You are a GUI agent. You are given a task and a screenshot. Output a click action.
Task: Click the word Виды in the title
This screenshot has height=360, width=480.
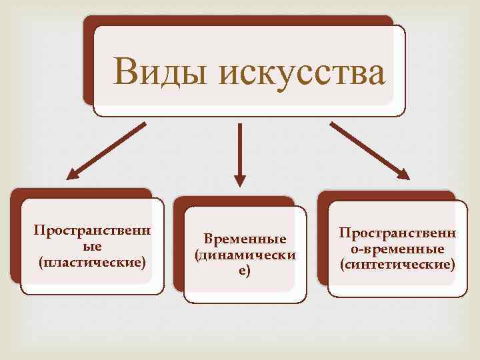coord(159,72)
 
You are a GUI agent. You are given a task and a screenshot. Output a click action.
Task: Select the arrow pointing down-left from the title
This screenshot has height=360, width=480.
coord(107,150)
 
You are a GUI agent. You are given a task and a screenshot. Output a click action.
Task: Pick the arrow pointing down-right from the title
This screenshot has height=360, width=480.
coord(369,150)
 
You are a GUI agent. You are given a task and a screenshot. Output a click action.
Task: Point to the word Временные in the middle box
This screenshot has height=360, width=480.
coord(245,239)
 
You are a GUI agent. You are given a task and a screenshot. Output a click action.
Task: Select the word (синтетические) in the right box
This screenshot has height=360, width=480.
coord(397,265)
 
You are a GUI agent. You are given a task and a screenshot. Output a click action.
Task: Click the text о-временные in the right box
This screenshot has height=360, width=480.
coord(397,249)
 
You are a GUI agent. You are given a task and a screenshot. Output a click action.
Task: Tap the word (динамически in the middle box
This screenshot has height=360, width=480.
coord(245,255)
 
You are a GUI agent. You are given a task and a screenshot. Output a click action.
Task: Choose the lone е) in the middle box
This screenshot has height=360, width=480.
coord(244,270)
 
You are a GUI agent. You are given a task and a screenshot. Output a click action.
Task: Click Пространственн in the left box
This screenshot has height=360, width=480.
coord(93,231)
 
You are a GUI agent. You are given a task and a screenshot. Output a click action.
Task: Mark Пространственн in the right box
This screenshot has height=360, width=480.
coord(397,233)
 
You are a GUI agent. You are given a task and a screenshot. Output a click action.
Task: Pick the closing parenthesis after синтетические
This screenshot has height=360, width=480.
coord(454,265)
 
